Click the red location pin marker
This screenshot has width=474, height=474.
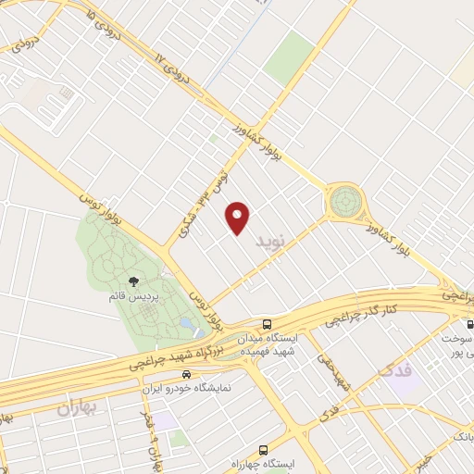(239, 218)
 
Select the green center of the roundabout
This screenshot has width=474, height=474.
(345, 199)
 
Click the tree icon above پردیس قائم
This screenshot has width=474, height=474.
(135, 280)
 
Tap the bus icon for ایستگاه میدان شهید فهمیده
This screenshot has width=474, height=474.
(268, 324)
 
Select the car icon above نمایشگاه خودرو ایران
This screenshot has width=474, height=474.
(187, 375)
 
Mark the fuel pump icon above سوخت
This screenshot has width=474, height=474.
(469, 324)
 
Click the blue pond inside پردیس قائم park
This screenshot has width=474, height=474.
(189, 324)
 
